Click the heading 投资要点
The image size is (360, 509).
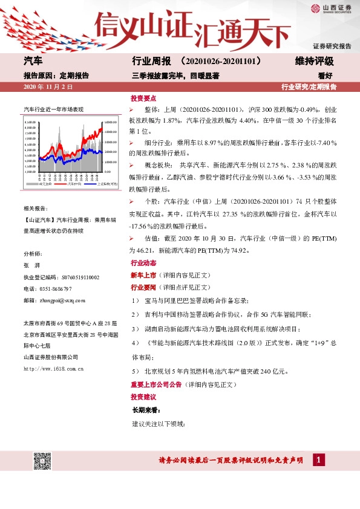tap(143, 98)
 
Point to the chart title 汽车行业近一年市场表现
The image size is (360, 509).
tap(53, 109)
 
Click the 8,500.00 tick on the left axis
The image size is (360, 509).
tap(30, 123)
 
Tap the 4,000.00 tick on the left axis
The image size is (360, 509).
tap(30, 172)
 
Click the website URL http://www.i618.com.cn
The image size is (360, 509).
tap(53, 368)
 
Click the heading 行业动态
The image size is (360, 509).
tap(143, 264)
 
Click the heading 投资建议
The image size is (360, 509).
tap(143, 397)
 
